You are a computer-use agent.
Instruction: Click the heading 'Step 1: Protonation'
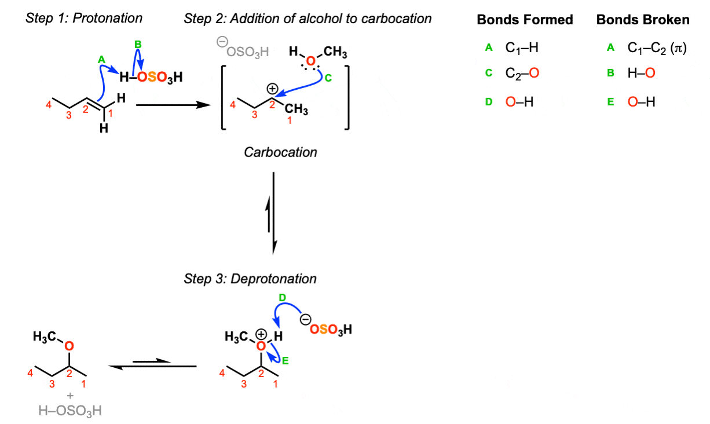pos(84,18)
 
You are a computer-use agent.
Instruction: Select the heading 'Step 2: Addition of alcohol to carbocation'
pos(308,19)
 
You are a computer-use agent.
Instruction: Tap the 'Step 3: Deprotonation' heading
pos(250,279)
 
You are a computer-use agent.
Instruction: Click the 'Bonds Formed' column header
pos(525,20)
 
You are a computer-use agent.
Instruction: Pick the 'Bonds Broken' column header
pos(643,20)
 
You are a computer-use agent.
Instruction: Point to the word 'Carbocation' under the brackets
pos(280,152)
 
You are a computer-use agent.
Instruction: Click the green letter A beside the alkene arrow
pos(101,59)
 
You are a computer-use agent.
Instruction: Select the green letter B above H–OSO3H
pos(138,44)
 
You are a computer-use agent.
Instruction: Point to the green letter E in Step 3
pos(285,360)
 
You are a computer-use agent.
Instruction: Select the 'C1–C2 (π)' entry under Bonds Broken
pos(657,49)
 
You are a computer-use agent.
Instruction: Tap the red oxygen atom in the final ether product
pos(69,346)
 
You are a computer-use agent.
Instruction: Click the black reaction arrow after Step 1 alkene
pos(172,105)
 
